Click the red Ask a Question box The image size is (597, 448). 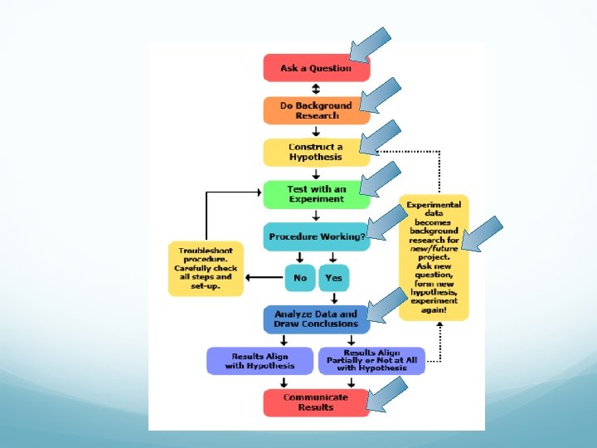click(316, 68)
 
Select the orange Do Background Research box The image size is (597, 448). click(316, 110)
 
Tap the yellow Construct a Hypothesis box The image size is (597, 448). click(316, 152)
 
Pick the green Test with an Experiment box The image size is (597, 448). click(316, 194)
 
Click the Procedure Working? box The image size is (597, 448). click(316, 236)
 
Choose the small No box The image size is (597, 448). click(299, 278)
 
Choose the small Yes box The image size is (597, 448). click(333, 278)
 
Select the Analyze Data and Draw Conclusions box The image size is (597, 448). click(316, 319)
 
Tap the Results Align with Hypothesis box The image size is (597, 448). click(260, 361)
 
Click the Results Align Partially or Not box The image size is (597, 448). click(371, 361)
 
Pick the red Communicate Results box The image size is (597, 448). click(316, 402)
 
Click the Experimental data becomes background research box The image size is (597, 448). click(434, 257)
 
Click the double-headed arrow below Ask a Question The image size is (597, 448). click(316, 90)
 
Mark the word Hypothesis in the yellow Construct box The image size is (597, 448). click(316, 157)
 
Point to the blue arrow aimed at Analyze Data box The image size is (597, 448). click(386, 306)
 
